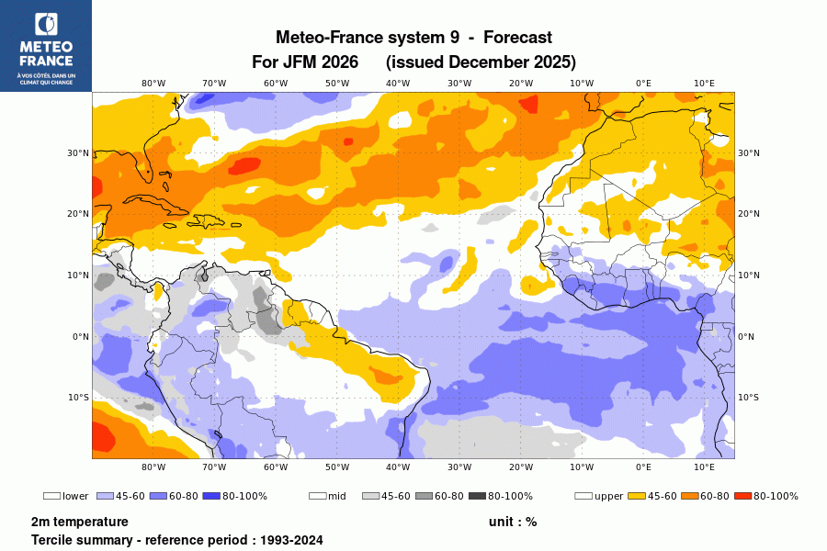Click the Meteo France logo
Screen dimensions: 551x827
click(46, 45)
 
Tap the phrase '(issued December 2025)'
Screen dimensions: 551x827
click(481, 62)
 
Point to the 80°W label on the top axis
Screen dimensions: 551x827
click(153, 84)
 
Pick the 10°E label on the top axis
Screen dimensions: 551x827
click(704, 84)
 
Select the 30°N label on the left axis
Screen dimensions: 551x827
click(80, 153)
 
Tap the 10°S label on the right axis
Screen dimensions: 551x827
click(749, 398)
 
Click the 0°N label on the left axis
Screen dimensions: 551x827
click(80, 336)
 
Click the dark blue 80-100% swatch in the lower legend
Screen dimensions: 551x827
click(212, 496)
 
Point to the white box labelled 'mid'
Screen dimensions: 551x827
click(317, 496)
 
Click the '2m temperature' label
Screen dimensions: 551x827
click(80, 522)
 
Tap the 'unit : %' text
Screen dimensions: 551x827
click(513, 522)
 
